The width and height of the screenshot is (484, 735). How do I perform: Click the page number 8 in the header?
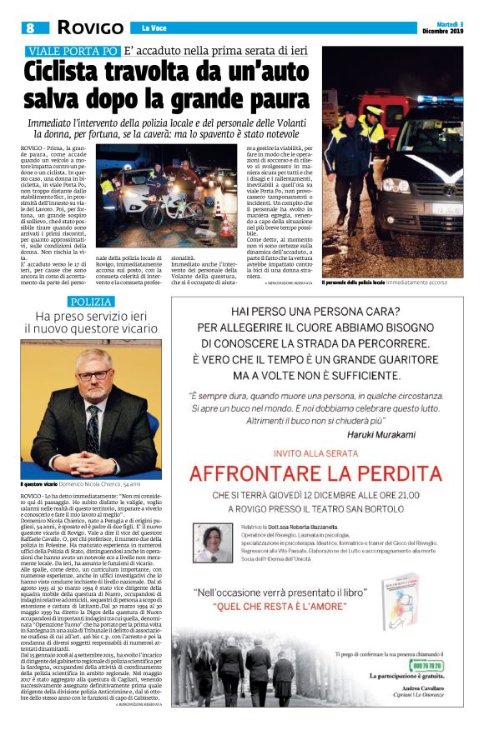click(x=30, y=27)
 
